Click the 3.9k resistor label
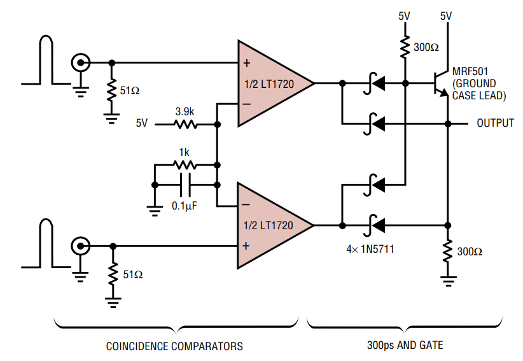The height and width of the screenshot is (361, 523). (185, 111)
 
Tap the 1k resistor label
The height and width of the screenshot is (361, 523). (185, 153)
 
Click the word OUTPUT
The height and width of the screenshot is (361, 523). (496, 123)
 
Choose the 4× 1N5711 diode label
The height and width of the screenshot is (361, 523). (370, 249)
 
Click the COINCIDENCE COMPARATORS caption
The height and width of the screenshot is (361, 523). (174, 346)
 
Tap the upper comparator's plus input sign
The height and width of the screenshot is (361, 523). (246, 63)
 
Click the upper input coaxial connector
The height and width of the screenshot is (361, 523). (81, 62)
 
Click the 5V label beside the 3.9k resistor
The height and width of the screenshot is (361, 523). (141, 123)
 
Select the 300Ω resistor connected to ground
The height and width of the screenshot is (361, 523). (448, 250)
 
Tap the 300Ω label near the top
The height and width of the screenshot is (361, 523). (426, 46)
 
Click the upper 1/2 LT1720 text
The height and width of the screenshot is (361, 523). (267, 83)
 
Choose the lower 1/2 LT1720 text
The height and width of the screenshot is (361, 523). (267, 226)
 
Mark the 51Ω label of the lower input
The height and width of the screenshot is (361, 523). (133, 274)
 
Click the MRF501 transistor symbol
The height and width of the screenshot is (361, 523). (439, 83)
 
